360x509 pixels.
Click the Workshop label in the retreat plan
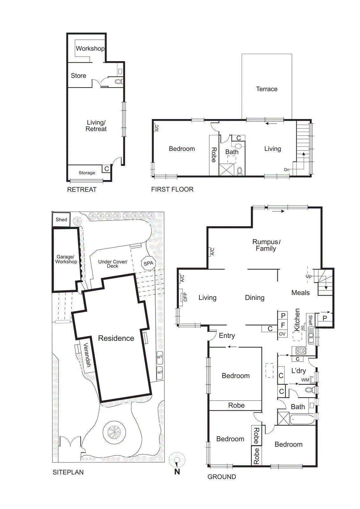point(90,49)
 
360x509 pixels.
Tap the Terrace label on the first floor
point(267,89)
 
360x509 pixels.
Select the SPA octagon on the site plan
point(148,263)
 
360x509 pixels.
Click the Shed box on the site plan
point(61,220)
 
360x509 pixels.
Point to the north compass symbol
point(177,460)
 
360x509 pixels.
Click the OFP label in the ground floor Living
point(185,297)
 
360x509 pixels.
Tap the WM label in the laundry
point(305,380)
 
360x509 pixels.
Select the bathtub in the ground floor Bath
point(302,420)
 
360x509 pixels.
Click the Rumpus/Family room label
point(266,245)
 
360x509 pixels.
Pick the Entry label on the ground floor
point(227,336)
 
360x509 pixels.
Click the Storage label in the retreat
point(87,173)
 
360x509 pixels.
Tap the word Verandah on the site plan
point(87,355)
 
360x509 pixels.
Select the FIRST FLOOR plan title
point(172,189)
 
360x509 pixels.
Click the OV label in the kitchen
point(282,334)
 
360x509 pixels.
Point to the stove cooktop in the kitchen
point(301,351)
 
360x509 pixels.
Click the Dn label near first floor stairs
point(287,170)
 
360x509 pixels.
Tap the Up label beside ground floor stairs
point(308,276)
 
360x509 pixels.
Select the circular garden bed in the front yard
point(114,432)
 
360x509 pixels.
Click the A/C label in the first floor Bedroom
point(157,128)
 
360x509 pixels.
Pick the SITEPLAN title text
point(68,472)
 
